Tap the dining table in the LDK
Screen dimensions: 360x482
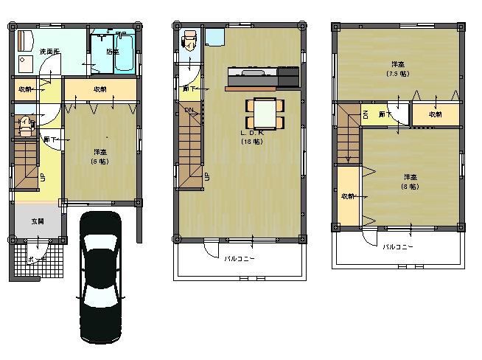262,114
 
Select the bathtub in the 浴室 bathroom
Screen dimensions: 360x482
124,53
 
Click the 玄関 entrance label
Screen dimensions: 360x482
37,221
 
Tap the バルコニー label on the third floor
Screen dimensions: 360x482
397,246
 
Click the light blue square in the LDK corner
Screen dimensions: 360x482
214,38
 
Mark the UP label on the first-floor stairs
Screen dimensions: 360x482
42,177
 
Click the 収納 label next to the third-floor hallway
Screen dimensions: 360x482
436,114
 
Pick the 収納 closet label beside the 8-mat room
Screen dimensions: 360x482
347,196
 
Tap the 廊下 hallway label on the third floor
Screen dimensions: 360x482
385,114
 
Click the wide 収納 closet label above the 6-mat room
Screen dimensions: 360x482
100,89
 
